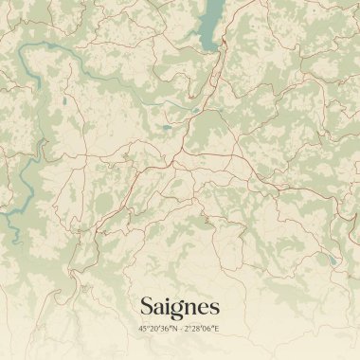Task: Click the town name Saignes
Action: pos(179,307)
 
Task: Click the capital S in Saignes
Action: pos(147,306)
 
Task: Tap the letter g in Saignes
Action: pos(174,310)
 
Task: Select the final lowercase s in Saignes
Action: pos(214,308)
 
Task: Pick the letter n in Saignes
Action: pos(188,308)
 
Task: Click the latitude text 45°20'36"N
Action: pos(156,329)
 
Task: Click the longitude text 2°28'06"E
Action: pos(202,329)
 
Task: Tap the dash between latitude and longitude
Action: pos(179,329)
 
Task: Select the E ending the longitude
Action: pos(217,329)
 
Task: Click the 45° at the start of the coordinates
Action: pos(143,329)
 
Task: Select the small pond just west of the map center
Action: pos(167,127)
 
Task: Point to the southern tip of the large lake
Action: pos(204,47)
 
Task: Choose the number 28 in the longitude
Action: pos(197,329)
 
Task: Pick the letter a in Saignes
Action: pos(157,308)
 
